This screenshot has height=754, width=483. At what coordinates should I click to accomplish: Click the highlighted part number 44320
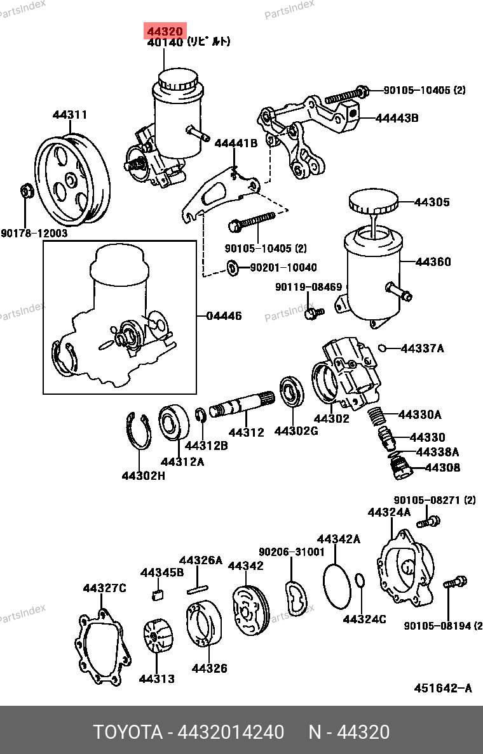[x=165, y=31]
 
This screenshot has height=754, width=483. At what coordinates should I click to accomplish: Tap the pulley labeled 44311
[x=72, y=180]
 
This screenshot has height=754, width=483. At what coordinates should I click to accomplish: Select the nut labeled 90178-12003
[x=26, y=191]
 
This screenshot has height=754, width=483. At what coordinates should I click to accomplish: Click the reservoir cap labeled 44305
[x=374, y=201]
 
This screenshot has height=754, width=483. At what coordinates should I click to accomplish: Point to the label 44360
[x=433, y=261]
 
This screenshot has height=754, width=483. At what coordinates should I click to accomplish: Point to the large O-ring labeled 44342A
[x=337, y=586]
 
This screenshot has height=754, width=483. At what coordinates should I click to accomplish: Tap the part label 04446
[x=224, y=316]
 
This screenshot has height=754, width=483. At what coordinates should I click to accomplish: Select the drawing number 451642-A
[x=442, y=688]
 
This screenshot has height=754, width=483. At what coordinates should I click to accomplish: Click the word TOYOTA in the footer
[x=127, y=732]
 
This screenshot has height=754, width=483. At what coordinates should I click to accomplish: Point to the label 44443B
[x=397, y=118]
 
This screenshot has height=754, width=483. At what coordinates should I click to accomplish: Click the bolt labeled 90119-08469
[x=313, y=312]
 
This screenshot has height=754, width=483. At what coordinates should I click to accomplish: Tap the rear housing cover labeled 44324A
[x=404, y=567]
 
